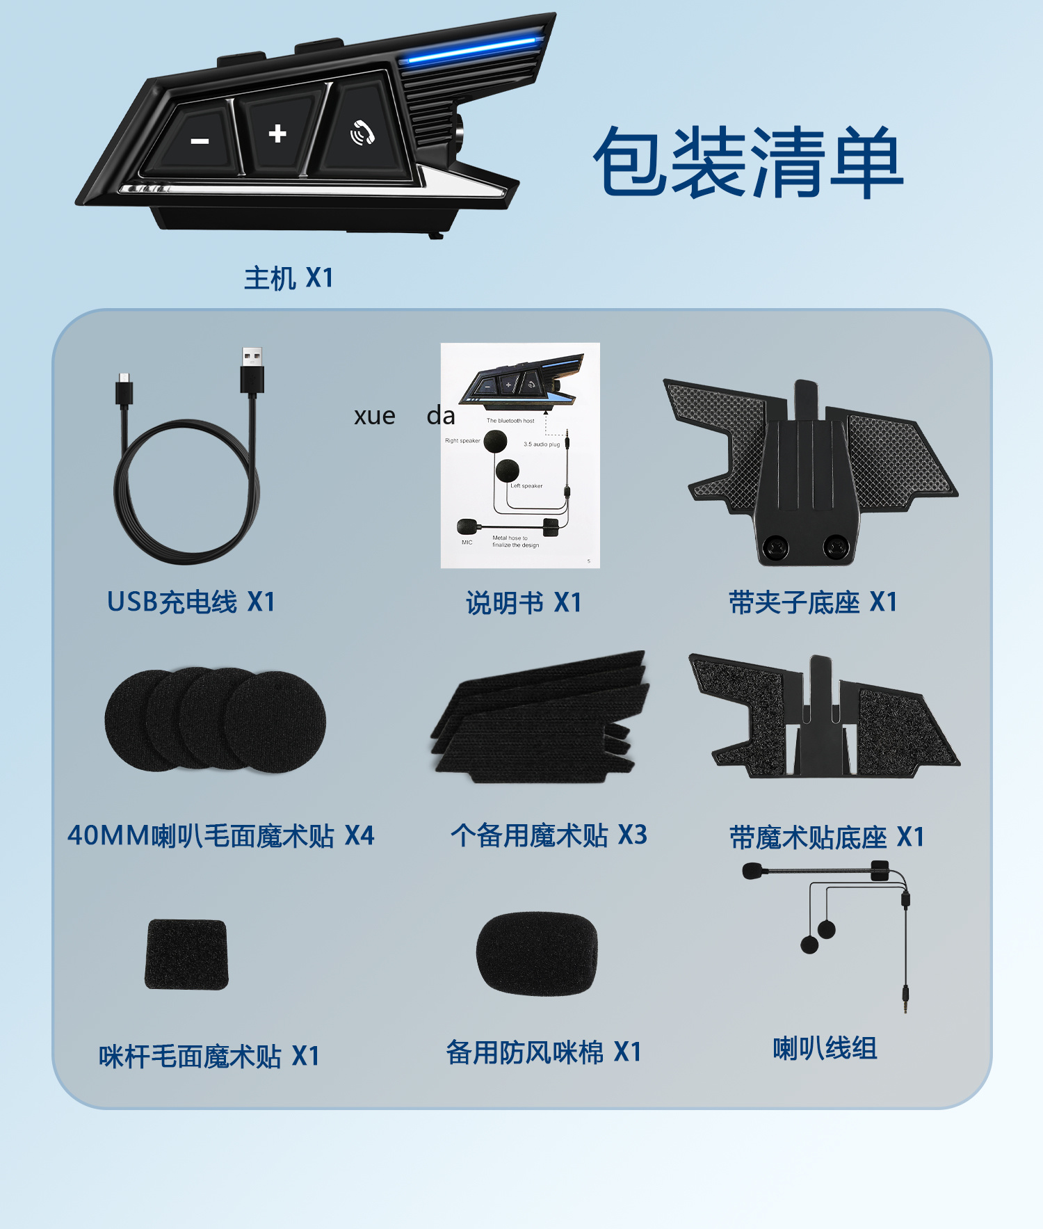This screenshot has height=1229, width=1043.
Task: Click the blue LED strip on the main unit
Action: (x=472, y=49)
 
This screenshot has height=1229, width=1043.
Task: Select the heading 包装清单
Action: (x=748, y=162)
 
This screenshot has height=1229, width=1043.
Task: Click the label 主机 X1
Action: (x=289, y=278)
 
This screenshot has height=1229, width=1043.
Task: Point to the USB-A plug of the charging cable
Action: (x=252, y=371)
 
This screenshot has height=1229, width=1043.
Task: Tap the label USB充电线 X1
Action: (x=191, y=602)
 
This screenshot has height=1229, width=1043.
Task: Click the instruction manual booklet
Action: (x=520, y=456)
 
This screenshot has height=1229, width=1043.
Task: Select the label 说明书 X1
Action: (x=524, y=603)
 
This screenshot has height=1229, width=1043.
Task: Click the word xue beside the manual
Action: (x=375, y=416)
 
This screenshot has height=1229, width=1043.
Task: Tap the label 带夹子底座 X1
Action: (x=813, y=602)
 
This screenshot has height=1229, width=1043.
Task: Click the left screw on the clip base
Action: (x=775, y=547)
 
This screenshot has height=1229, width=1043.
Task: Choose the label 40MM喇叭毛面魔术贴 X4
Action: (x=221, y=835)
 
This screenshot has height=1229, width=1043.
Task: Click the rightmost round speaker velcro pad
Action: (x=275, y=721)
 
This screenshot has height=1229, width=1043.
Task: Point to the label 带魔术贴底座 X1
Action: (x=827, y=837)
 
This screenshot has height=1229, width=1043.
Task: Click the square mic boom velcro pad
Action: (x=186, y=954)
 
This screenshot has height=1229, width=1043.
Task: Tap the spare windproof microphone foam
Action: (x=537, y=953)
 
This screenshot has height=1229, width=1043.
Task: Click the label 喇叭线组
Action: (x=825, y=1048)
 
